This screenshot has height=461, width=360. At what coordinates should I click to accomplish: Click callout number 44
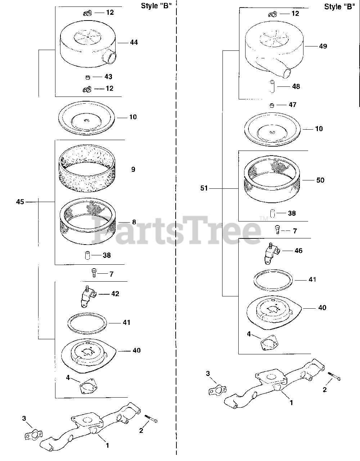point(134,42)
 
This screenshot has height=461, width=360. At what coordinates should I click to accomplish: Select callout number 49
point(323,46)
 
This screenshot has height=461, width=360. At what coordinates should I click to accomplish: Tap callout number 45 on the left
point(20,202)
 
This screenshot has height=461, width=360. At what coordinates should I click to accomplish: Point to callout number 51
point(204,188)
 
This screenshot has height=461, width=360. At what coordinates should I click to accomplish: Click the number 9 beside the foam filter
point(133,169)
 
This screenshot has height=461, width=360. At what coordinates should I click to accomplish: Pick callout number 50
point(320,180)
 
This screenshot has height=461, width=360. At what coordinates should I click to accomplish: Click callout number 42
point(115,294)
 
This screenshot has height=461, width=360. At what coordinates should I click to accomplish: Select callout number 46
point(298,251)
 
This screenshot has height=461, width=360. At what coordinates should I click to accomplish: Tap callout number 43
point(108,77)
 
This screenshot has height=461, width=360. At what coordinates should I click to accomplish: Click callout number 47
point(292,105)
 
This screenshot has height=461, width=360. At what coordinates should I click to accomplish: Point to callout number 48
point(296,86)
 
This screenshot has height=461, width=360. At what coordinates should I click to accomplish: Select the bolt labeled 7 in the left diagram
point(94,273)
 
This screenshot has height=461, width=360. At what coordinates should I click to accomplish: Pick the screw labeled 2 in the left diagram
point(151,419)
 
